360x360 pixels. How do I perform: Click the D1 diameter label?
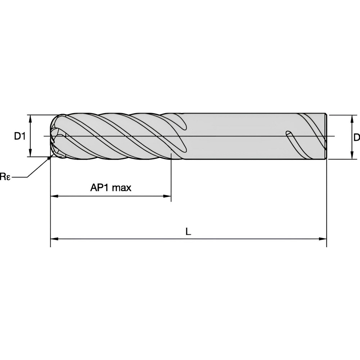point(20,136)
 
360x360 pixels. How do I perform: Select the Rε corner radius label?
point(5,176)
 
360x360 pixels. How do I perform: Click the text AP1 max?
point(111,188)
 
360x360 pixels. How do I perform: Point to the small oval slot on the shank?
point(289,134)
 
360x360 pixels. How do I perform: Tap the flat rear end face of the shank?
point(326,136)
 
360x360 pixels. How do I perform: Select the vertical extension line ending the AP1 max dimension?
point(171,176)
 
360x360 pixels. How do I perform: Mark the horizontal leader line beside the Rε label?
point(21,177)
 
